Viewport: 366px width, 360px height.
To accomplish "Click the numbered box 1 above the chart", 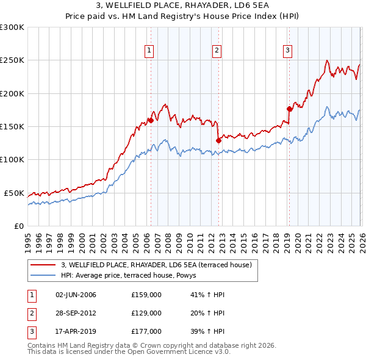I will point(149,51).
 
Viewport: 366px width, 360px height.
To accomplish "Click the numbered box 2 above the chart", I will point(217,51).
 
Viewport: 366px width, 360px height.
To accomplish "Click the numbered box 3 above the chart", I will point(287,51).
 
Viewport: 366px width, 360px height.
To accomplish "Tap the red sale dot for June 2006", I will point(150,120).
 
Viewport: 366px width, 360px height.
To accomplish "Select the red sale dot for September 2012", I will point(218,140).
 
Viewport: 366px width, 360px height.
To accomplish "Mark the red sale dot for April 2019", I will point(289,109).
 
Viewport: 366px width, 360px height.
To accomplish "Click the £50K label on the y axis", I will point(14,193).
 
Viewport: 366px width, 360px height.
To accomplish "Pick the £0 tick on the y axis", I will point(20,226).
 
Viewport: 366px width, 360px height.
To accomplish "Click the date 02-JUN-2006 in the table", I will point(76,295).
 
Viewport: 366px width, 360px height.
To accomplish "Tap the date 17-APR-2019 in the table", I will point(76,331).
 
